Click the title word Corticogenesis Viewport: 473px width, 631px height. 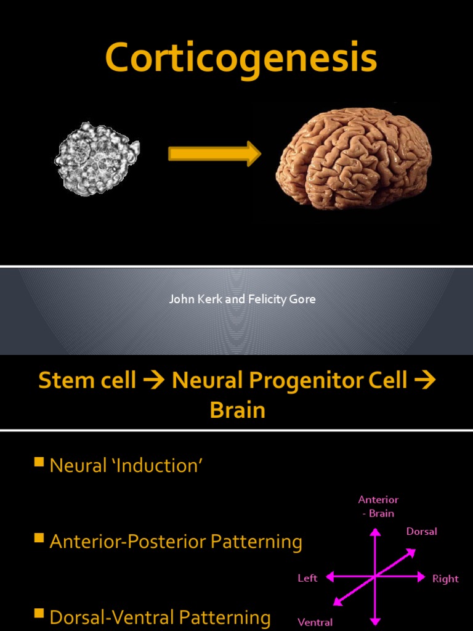point(241,60)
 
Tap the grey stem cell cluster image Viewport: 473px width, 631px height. point(97,158)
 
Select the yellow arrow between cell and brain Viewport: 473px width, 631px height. point(214,153)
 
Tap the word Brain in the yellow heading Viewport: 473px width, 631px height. point(237,410)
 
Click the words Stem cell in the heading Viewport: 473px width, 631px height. point(87,380)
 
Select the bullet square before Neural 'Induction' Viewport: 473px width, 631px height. point(39,462)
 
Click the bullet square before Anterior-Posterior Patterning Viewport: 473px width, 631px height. point(39,539)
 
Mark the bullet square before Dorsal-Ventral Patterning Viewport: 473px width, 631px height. point(39,613)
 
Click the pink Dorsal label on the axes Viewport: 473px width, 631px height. point(421,531)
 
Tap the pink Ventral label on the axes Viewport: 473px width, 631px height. point(315,622)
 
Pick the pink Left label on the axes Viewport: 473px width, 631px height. point(307,578)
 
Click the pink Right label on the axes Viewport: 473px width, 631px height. point(445,579)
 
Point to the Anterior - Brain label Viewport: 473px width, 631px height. point(378,506)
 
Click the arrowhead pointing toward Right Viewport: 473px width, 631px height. point(421,577)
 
